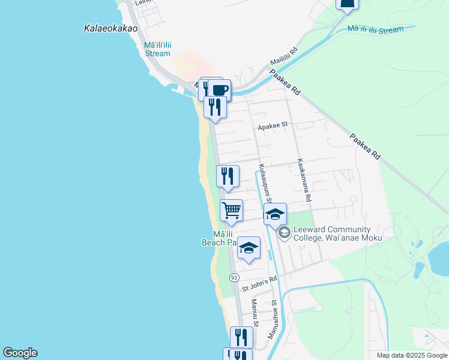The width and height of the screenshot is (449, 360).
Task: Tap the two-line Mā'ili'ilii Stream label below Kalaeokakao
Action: click(x=157, y=49)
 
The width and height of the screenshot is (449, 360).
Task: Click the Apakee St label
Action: click(x=273, y=126)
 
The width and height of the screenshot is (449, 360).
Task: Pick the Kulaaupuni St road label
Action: click(x=265, y=183)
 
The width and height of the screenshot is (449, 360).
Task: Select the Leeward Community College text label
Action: click(x=337, y=233)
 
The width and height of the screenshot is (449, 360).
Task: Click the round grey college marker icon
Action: click(x=283, y=233)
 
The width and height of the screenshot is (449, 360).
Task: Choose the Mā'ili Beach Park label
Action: click(x=219, y=238)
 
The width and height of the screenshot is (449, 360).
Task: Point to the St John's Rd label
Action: click(x=259, y=284)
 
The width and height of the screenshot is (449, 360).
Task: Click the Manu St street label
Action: click(x=255, y=313)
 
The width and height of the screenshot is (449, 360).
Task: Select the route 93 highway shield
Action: click(x=234, y=277)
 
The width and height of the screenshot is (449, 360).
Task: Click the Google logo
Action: click(x=20, y=353)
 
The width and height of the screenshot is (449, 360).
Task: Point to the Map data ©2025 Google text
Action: click(x=412, y=355)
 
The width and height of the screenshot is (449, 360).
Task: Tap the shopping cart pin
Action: click(x=231, y=211)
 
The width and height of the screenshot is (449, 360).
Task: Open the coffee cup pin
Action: click(x=219, y=91)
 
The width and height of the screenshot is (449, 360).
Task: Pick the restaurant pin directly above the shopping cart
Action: click(x=228, y=176)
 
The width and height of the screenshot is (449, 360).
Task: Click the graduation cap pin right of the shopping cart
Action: click(x=275, y=214)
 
